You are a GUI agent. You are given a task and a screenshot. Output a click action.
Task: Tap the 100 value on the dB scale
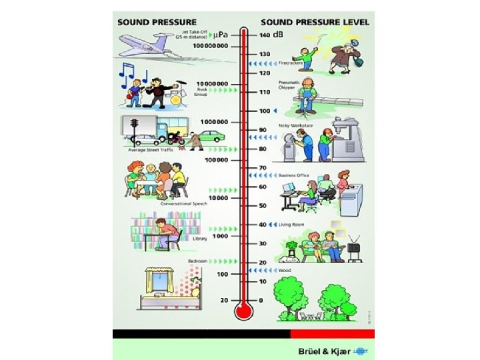(x=264, y=111)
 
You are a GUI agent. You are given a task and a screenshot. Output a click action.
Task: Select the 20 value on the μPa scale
(x=223, y=300)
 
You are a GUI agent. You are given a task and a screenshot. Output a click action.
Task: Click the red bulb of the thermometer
(x=243, y=311)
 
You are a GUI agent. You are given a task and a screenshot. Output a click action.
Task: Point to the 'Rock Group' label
(x=202, y=91)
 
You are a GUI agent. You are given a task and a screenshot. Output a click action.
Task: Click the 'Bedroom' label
(x=197, y=260)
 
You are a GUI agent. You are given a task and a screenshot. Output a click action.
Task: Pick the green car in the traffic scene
(x=210, y=137)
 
